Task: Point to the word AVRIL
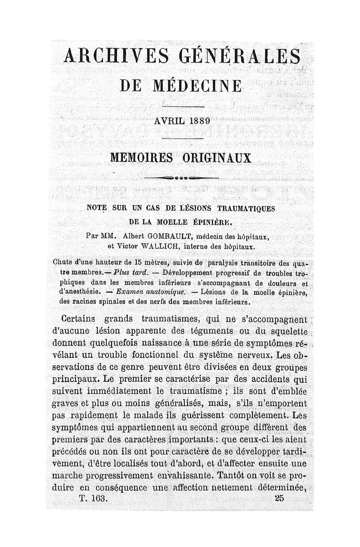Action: point(165,121)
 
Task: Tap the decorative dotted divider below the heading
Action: point(182,178)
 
